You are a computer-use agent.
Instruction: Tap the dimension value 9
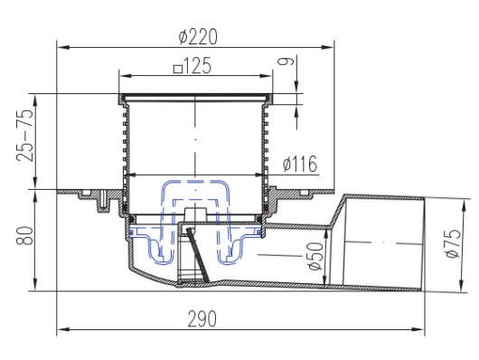pyautogui.click(x=286, y=62)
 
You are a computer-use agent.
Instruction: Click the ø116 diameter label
pyautogui.click(x=298, y=164)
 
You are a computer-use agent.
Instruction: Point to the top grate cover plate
pyautogui.click(x=194, y=96)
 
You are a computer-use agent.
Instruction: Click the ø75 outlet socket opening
pyautogui.click(x=425, y=242)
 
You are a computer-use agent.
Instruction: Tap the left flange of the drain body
pyautogui.click(x=86, y=192)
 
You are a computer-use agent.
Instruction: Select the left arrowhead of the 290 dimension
pyautogui.click(x=61, y=330)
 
